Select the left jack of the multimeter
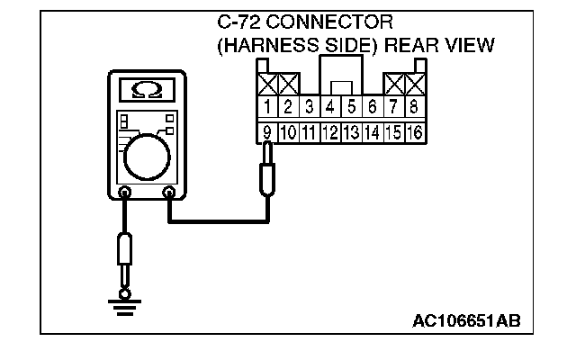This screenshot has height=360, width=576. point(125,192)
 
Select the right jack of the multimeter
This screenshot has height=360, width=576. point(168,192)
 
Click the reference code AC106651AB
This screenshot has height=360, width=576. point(466,320)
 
